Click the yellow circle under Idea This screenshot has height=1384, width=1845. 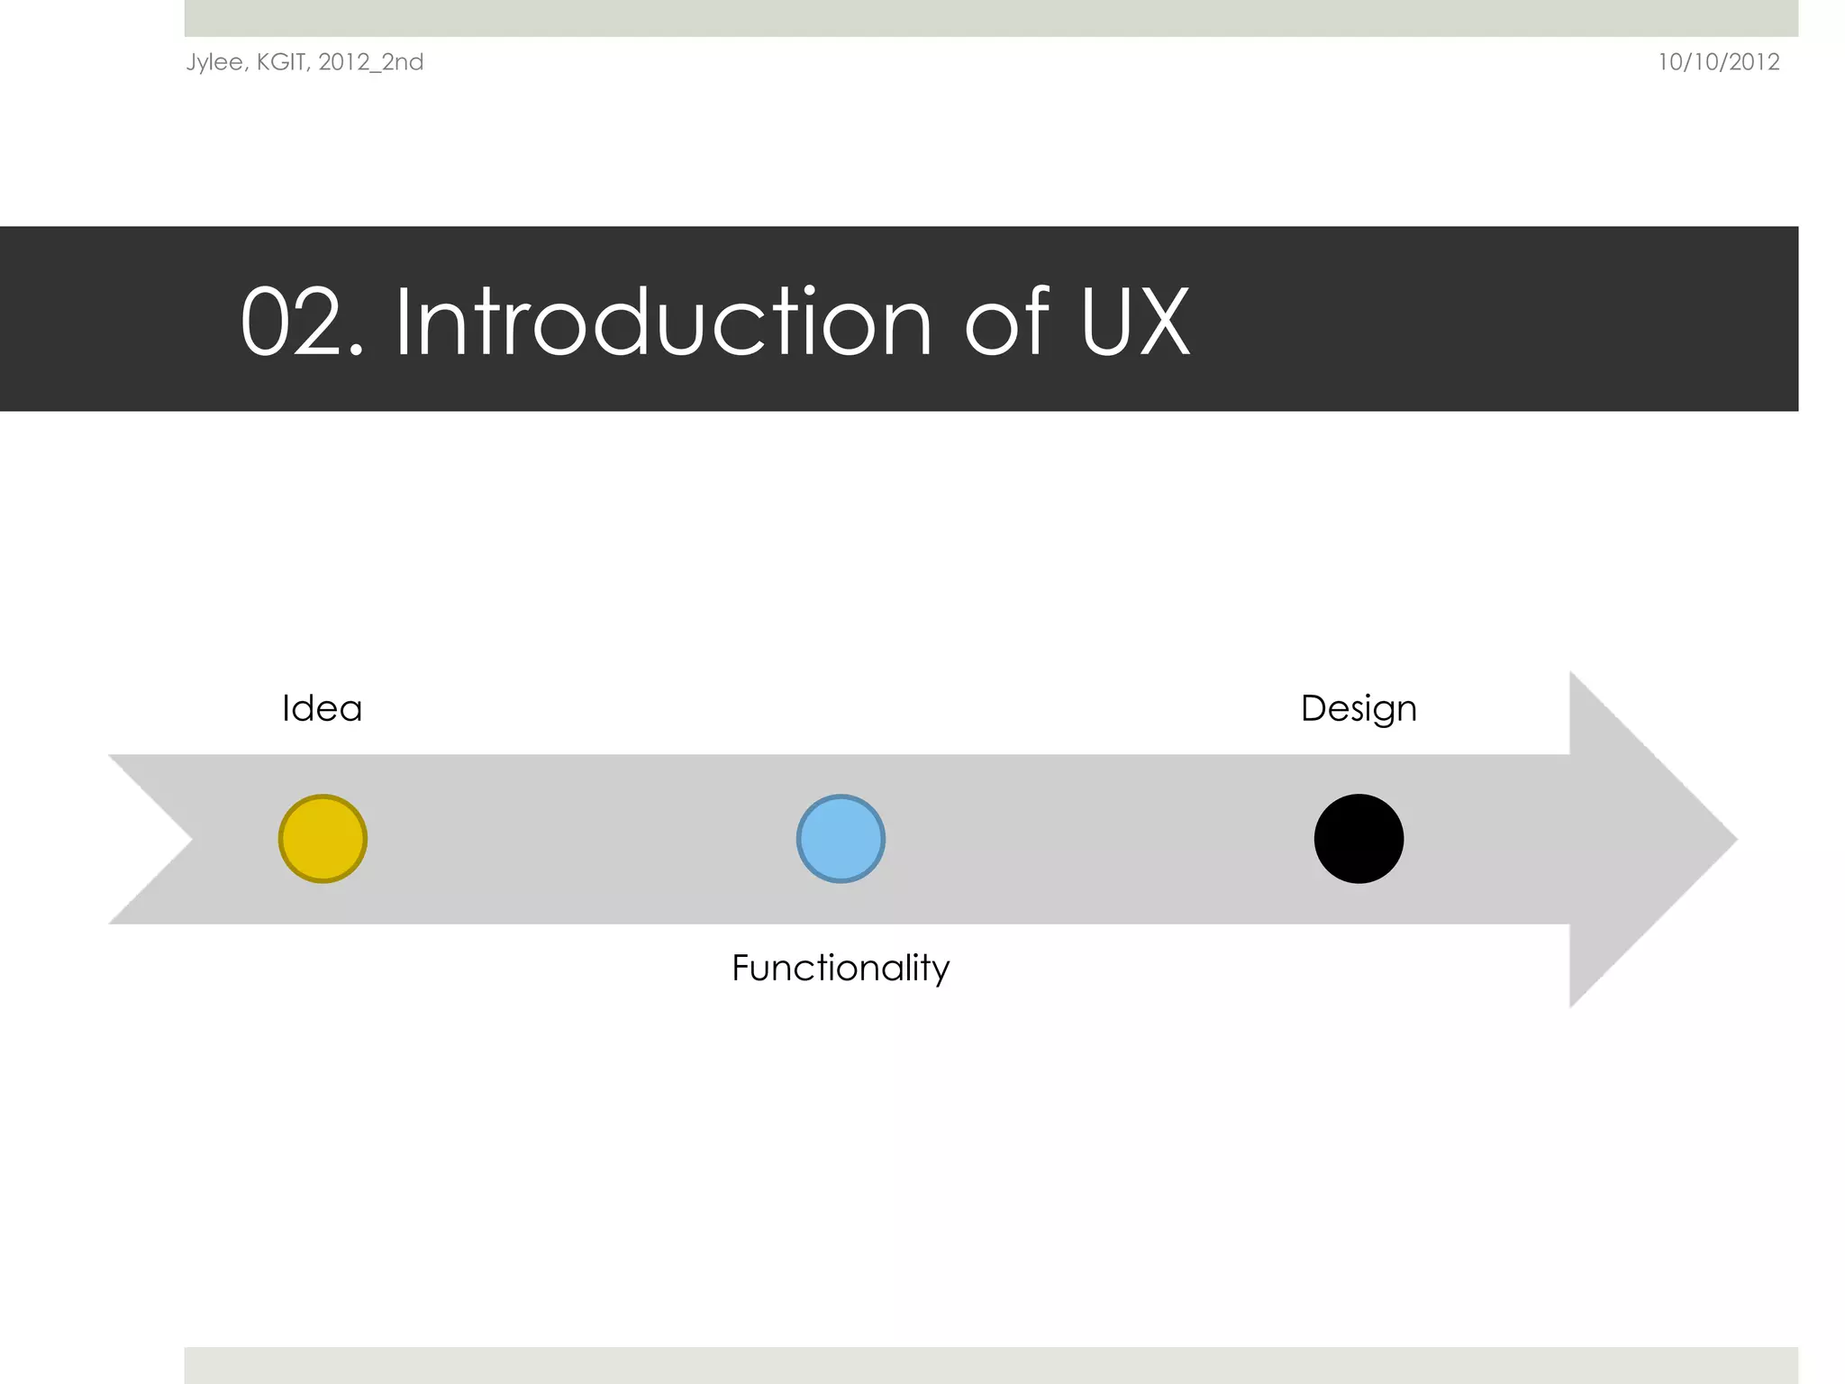click(x=323, y=839)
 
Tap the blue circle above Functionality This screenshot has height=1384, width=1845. click(x=841, y=839)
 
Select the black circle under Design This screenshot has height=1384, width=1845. click(x=1359, y=839)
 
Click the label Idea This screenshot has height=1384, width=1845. click(x=322, y=708)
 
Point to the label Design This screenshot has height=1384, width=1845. click(x=1359, y=709)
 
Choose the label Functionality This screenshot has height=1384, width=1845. click(x=841, y=969)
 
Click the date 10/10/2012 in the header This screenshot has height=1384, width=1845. click(x=1718, y=62)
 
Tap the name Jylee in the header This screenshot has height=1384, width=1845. click(x=214, y=62)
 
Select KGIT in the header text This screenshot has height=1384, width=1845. click(x=280, y=61)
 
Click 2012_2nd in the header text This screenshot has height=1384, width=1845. click(x=370, y=62)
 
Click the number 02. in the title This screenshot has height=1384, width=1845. click(x=302, y=322)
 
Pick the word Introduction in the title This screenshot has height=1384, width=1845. click(x=663, y=322)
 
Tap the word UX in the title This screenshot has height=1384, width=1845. click(x=1135, y=322)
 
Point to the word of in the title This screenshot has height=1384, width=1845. click(x=1006, y=322)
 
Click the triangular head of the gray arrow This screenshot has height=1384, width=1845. click(x=1640, y=839)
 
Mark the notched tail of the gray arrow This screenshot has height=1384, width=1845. click(x=158, y=839)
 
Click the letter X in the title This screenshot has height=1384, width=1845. click(x=1163, y=322)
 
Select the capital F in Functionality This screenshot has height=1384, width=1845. click(x=741, y=968)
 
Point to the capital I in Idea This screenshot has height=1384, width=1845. click(x=286, y=708)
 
